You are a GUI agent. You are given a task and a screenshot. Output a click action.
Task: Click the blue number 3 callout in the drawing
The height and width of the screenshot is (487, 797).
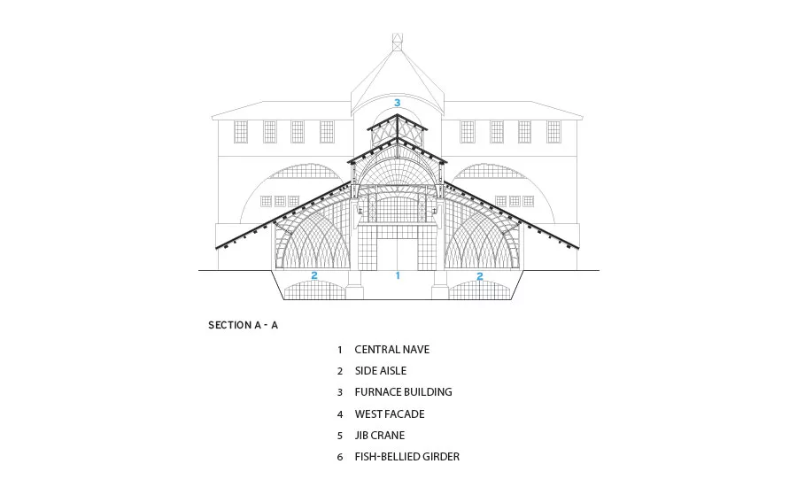pyautogui.click(x=398, y=103)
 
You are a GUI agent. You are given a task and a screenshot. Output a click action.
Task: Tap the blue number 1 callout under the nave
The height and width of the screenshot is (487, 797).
pyautogui.click(x=398, y=275)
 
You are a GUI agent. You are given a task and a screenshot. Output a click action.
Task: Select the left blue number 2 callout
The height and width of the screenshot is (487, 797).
pyautogui.click(x=314, y=275)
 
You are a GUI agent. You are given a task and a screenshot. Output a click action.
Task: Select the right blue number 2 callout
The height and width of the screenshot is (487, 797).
pyautogui.click(x=479, y=276)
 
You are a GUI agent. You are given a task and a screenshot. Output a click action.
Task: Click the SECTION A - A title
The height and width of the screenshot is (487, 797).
pyautogui.click(x=243, y=325)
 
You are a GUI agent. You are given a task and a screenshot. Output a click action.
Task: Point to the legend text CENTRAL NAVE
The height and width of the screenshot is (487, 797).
pyautogui.click(x=392, y=350)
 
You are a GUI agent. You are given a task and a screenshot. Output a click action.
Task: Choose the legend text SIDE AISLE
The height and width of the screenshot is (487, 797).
pyautogui.click(x=381, y=371)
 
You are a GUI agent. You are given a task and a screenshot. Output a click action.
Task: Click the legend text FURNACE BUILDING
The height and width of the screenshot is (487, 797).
pyautogui.click(x=404, y=392)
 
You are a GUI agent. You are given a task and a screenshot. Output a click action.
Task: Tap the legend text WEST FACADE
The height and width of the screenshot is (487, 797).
pyautogui.click(x=390, y=414)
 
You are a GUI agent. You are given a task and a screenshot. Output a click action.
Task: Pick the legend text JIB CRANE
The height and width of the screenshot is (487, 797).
pyautogui.click(x=380, y=436)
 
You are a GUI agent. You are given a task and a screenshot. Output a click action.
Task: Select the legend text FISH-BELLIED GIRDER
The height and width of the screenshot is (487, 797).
pyautogui.click(x=407, y=457)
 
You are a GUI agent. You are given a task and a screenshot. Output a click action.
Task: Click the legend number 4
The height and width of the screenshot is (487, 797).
pyautogui.click(x=340, y=414)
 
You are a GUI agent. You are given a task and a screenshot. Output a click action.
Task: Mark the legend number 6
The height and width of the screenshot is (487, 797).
pyautogui.click(x=340, y=458)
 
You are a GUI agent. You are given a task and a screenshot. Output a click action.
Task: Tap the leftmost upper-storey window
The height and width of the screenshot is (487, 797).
pyautogui.click(x=241, y=132)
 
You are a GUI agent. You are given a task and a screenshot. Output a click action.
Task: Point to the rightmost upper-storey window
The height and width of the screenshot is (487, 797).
pyautogui.click(x=553, y=132)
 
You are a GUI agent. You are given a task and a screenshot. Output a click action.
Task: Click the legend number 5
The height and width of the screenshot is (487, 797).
pyautogui.click(x=340, y=437)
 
